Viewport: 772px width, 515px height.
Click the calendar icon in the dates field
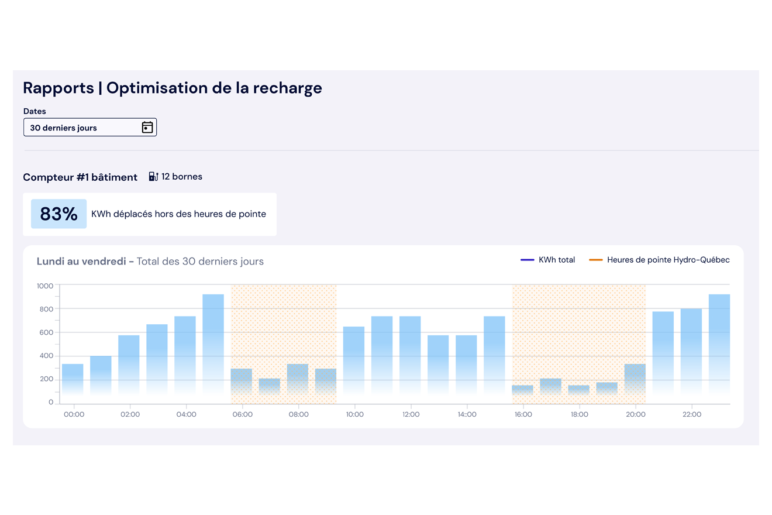pos(147,128)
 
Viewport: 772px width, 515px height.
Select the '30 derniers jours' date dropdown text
pos(64,128)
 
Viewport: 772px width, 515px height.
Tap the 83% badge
pos(58,214)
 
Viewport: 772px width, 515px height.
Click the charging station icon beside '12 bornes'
pos(153,177)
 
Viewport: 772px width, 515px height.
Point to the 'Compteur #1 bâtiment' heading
pos(80,177)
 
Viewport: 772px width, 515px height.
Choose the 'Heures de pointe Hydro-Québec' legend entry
pos(660,260)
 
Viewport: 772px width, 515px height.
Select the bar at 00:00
pos(73,380)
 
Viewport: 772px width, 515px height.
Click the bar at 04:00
pos(185,357)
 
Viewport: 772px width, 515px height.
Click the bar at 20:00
pos(635,380)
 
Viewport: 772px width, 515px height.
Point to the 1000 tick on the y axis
pos(45,286)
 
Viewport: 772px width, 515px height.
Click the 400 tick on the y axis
pos(47,356)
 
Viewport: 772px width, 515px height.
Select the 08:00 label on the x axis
pos(298,414)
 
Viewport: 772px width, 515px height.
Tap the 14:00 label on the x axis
pos(467,414)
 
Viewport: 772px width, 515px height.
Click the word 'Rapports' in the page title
pos(58,88)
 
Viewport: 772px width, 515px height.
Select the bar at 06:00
pos(242,383)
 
